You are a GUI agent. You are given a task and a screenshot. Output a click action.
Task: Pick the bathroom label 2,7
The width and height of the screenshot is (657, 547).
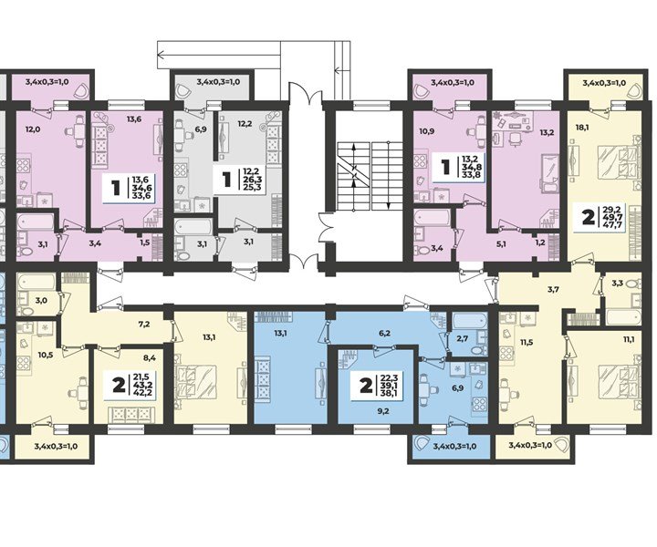click(462, 338)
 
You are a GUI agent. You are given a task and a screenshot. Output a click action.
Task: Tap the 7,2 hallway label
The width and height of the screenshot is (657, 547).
click(143, 324)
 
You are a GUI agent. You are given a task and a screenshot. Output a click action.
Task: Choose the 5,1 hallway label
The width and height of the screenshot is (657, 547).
click(500, 243)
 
